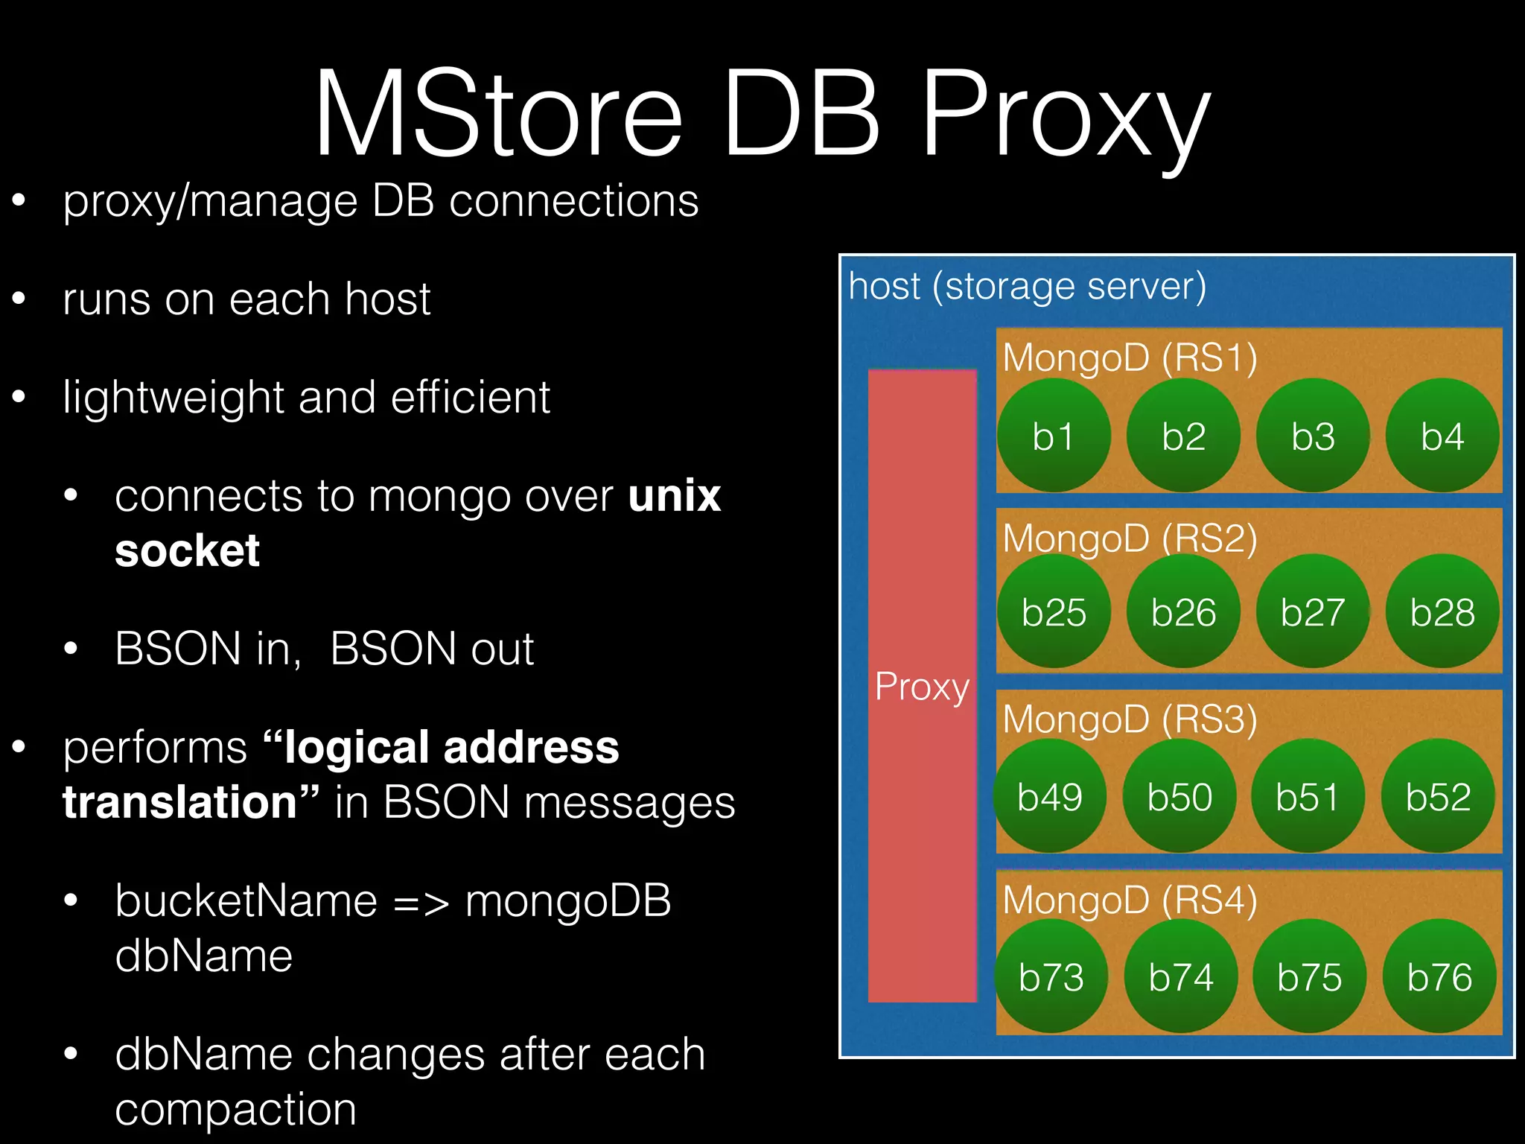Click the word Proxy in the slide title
point(1065,119)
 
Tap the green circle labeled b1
point(1053,436)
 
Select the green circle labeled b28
point(1442,612)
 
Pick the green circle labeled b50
point(1179,796)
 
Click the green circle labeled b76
point(1439,976)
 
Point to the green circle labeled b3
point(1312,436)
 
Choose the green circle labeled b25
point(1053,612)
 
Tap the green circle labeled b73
point(1051,976)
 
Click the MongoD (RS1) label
point(1130,357)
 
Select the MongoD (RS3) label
point(1130,719)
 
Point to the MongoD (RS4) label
point(1130,900)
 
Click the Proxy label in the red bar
point(922,686)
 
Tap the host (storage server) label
point(1027,287)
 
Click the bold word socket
point(187,551)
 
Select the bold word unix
point(674,496)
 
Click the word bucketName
point(246,900)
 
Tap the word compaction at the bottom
point(235,1109)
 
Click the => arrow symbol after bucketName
point(421,903)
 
